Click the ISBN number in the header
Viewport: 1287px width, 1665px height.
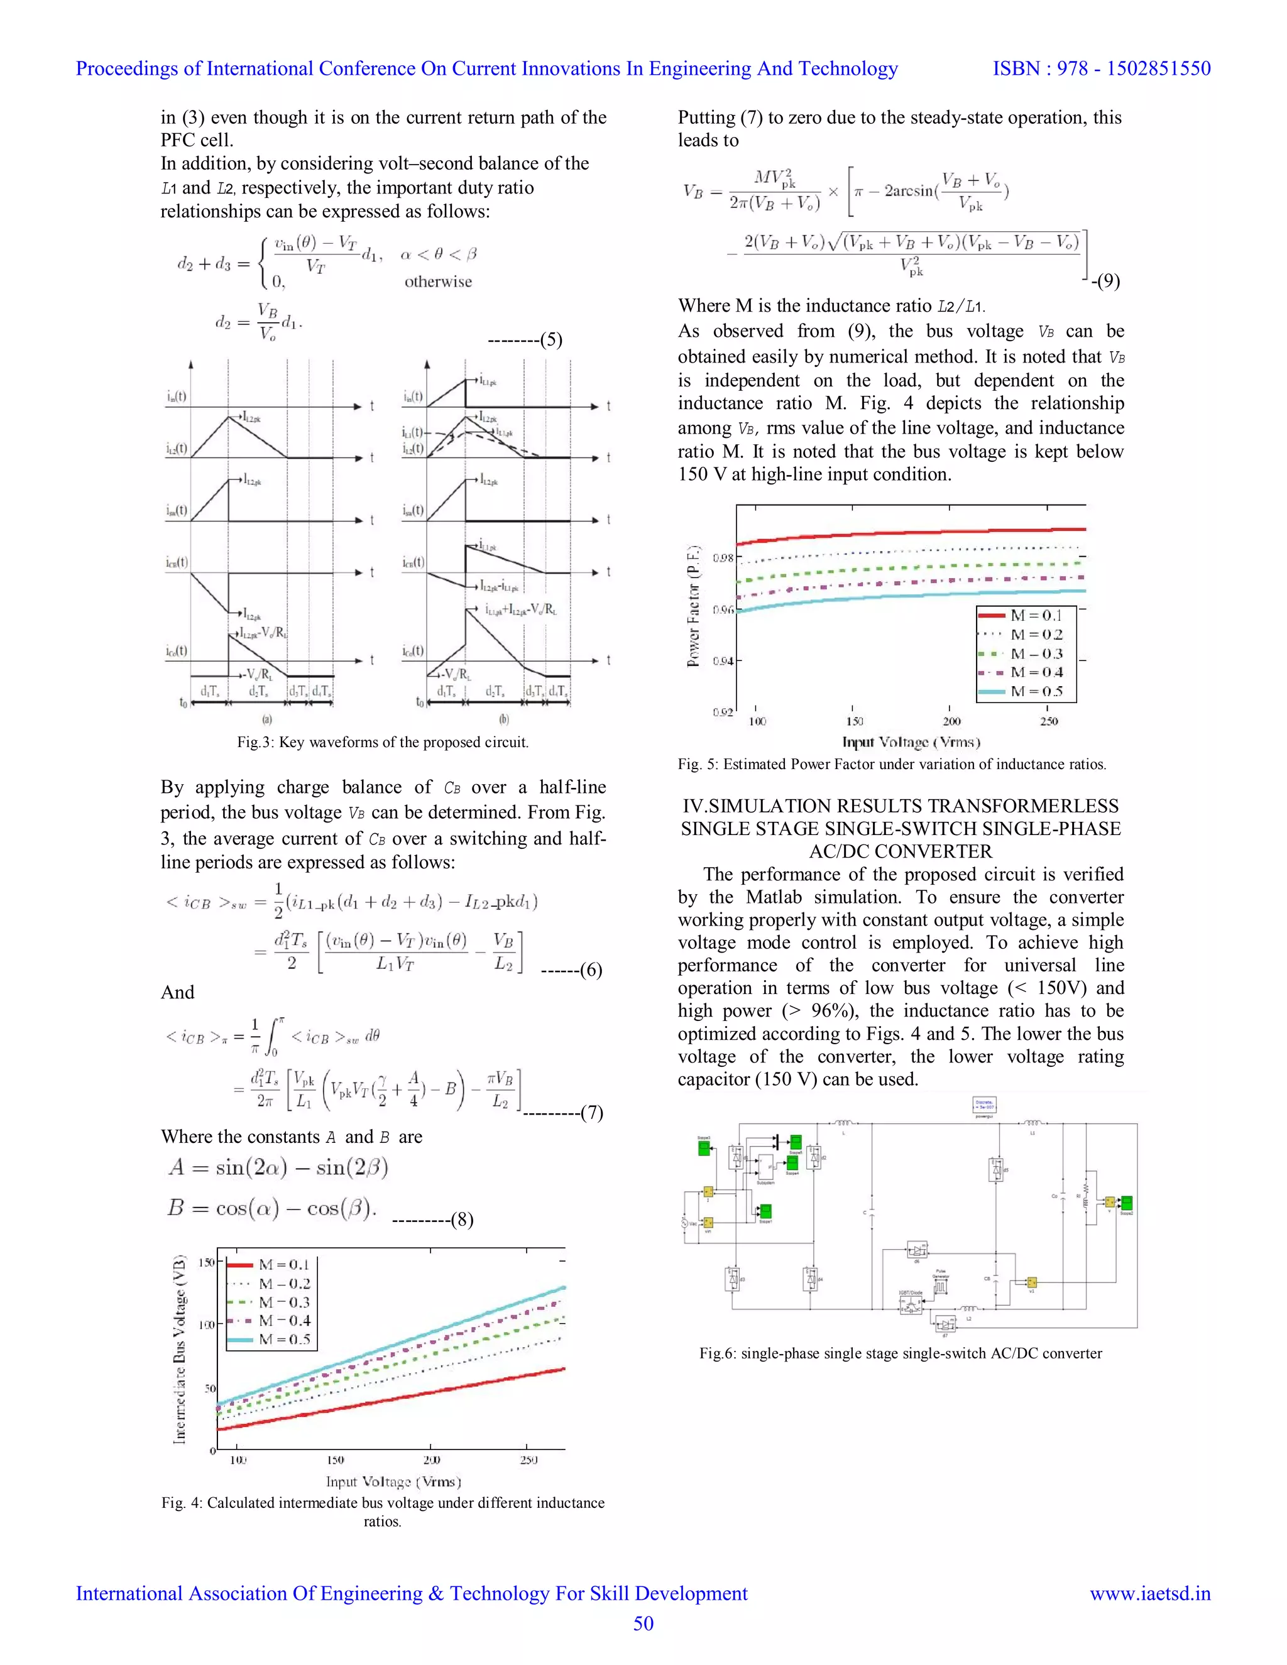coord(1101,68)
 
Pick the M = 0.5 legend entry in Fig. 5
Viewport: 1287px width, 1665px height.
coord(1036,692)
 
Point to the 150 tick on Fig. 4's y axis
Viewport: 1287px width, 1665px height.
coord(206,1262)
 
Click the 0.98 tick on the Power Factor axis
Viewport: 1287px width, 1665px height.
coord(722,558)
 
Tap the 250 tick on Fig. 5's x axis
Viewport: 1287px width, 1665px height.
coord(1048,721)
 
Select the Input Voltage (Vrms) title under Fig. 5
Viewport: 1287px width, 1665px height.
coord(911,742)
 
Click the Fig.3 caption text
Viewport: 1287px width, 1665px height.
coord(382,742)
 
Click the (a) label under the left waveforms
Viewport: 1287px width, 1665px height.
coord(267,719)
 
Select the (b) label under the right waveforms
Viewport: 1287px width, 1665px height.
coord(504,719)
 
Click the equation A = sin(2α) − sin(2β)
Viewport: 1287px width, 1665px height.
coord(278,1167)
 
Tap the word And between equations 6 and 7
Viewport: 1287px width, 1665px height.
coord(178,992)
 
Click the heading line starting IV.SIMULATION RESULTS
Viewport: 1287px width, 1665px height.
coord(901,806)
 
